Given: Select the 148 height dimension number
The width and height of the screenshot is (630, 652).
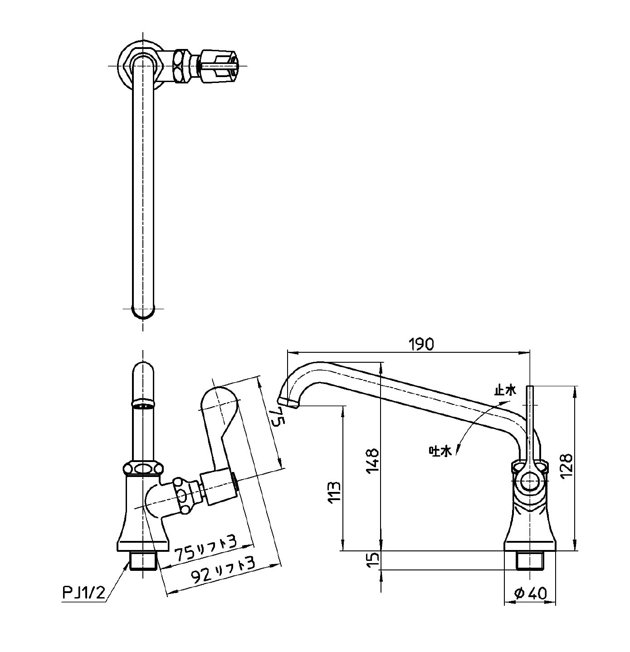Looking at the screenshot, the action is point(372,461).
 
